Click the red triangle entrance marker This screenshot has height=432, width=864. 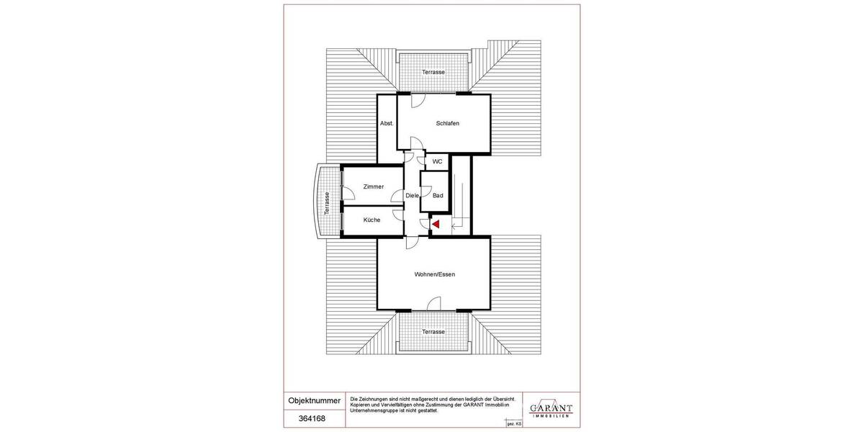point(436,225)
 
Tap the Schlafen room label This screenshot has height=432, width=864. point(447,123)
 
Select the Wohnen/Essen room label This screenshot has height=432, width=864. point(434,274)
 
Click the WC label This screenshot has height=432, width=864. point(437,162)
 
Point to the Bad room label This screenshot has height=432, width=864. point(437,195)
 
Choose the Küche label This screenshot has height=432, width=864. point(372,220)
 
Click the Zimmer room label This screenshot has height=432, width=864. point(373,186)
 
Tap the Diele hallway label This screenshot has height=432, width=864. point(412,195)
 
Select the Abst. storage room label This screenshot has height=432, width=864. point(387,123)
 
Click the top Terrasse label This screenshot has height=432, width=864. point(433,73)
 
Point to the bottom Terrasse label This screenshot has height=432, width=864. point(433,331)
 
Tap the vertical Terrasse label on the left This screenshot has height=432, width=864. point(327,203)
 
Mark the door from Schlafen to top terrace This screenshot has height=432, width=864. point(417,102)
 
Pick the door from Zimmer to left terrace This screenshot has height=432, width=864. point(347,192)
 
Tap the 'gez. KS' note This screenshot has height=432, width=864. point(514,426)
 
